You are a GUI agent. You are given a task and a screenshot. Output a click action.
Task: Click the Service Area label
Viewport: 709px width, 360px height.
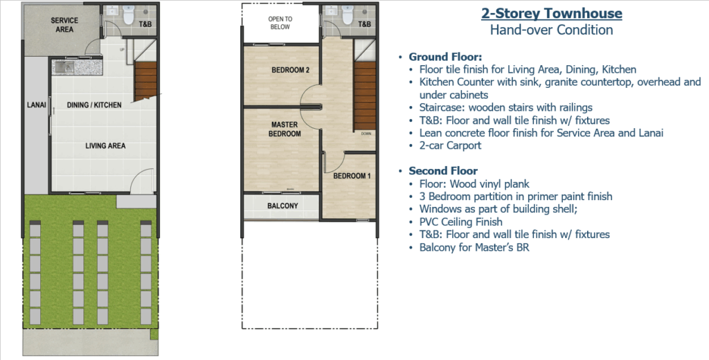(64, 25)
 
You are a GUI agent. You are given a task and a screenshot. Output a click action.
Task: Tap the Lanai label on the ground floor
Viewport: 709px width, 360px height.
(37, 105)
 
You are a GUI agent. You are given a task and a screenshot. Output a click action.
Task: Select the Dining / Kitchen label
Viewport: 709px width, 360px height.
(94, 105)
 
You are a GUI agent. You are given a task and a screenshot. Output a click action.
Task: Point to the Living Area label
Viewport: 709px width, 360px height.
(105, 145)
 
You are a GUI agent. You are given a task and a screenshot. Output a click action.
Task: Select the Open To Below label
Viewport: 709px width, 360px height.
(280, 23)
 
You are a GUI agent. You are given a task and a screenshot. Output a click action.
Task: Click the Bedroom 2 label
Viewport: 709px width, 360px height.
(290, 70)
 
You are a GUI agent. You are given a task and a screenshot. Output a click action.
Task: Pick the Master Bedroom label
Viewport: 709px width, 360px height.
(285, 129)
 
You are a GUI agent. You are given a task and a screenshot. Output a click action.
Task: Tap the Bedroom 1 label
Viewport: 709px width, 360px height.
(352, 176)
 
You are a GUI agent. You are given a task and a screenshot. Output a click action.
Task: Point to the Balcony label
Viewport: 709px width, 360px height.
(282, 206)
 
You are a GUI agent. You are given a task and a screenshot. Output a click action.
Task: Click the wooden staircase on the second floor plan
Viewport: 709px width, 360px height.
(364, 96)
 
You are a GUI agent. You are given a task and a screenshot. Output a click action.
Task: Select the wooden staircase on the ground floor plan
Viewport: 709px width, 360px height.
(145, 82)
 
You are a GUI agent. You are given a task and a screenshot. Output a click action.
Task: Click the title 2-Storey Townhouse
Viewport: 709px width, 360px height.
(552, 14)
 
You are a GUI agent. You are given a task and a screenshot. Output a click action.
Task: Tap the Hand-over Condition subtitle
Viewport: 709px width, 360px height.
(552, 30)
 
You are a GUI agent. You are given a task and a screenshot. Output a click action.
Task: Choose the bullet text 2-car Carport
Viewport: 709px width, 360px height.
(450, 145)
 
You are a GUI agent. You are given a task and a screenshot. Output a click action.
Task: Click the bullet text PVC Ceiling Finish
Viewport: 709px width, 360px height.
(460, 222)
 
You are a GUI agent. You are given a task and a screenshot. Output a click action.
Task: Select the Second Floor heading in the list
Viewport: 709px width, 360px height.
(443, 171)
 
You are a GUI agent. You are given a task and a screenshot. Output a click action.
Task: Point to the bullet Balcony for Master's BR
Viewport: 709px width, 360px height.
(474, 247)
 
